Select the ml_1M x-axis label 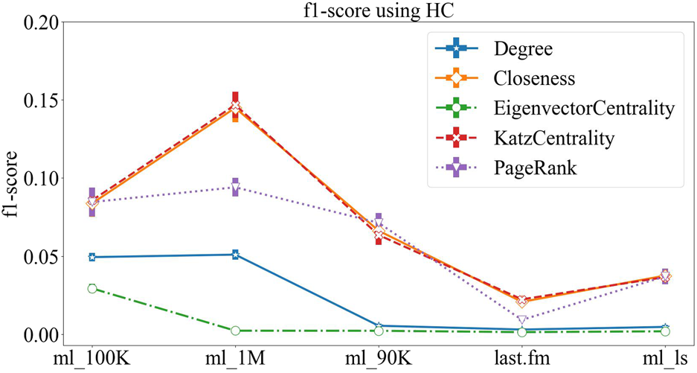pos(235,358)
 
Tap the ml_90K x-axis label pos(379,358)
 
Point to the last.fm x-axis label pos(521,358)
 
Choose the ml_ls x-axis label pos(665,358)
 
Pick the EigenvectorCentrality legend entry pos(583,109)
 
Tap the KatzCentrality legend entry pos(554,138)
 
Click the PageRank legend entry pos(535,168)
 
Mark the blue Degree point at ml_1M pos(235,255)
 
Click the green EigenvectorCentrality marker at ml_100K pos(92,288)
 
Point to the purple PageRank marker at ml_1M pos(235,187)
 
